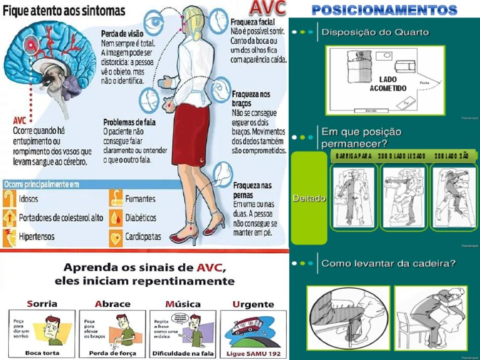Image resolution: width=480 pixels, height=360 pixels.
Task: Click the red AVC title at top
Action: point(267,8)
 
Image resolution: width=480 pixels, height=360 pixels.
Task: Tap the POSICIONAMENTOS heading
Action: point(384,9)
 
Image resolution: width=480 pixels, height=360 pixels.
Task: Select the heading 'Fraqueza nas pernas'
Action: point(252,190)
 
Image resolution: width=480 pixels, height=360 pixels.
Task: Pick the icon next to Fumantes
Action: point(116,199)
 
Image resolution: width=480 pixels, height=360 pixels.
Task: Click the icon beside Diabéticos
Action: point(116,218)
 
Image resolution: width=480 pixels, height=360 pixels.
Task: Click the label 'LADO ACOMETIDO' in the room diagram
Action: point(392,84)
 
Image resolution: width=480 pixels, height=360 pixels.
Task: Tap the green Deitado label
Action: point(309,198)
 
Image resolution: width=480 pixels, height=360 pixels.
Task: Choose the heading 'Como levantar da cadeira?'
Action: point(388,263)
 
